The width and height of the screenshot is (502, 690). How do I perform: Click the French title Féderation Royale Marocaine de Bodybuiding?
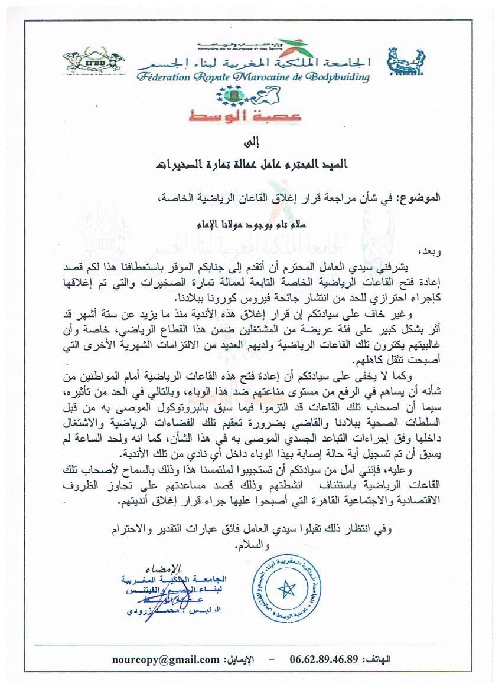click(x=252, y=77)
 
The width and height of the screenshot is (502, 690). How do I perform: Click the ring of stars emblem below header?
click(x=230, y=94)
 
